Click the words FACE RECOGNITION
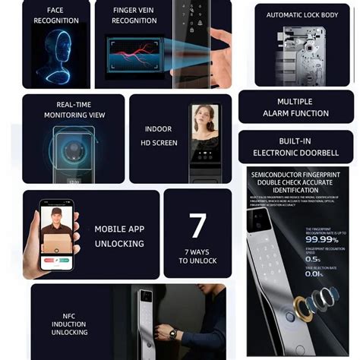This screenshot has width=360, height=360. click(x=56, y=16)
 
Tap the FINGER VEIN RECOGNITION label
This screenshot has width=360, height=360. click(x=134, y=16)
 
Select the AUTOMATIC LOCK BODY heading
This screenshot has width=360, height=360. click(x=302, y=15)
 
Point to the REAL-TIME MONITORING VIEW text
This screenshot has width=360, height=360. click(x=74, y=110)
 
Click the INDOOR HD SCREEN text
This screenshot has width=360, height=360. click(x=158, y=136)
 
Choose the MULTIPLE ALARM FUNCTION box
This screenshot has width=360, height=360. click(x=295, y=107)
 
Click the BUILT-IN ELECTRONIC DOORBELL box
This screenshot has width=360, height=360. click(x=295, y=147)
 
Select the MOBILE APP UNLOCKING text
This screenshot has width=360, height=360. click(x=119, y=236)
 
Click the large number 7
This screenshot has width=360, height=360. click(x=197, y=225)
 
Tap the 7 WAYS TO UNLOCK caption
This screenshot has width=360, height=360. click(x=197, y=256)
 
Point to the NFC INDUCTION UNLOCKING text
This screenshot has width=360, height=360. click(x=69, y=324)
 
